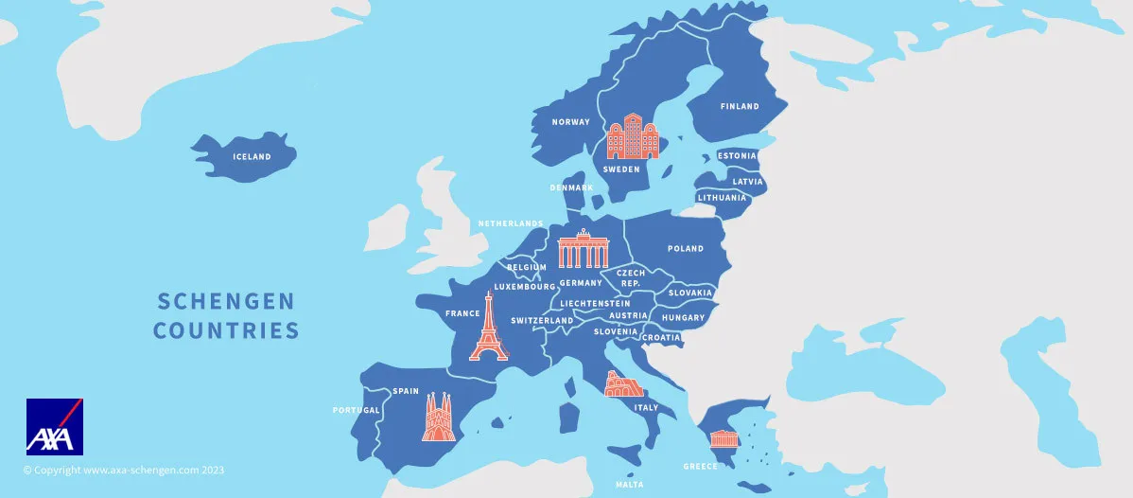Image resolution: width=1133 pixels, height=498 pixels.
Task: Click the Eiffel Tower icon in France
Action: (489, 327)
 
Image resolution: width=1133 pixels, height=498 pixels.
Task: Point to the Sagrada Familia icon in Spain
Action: (438, 418)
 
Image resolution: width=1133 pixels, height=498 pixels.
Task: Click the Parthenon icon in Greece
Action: (724, 438)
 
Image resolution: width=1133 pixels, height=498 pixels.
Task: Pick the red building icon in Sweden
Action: (632, 137)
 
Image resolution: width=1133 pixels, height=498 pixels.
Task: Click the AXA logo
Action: (55, 427)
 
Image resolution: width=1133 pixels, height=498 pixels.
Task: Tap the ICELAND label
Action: (252, 157)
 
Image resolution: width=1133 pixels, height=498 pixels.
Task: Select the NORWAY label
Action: (571, 122)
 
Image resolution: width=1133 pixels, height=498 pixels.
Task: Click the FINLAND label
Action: (740, 107)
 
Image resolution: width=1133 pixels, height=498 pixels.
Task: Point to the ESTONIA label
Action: (738, 156)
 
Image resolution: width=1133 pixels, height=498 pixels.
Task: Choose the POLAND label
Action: (686, 249)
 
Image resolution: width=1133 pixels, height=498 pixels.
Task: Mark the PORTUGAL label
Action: (357, 411)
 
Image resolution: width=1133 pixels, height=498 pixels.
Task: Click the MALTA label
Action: (629, 484)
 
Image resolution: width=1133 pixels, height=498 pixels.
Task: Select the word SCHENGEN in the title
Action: (226, 301)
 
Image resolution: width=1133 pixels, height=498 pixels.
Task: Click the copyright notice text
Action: (124, 470)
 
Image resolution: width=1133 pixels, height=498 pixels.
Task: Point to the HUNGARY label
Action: (683, 318)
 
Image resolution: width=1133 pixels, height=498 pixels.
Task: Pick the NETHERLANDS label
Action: (511, 223)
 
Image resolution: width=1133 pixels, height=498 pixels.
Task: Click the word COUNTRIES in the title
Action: (226, 330)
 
